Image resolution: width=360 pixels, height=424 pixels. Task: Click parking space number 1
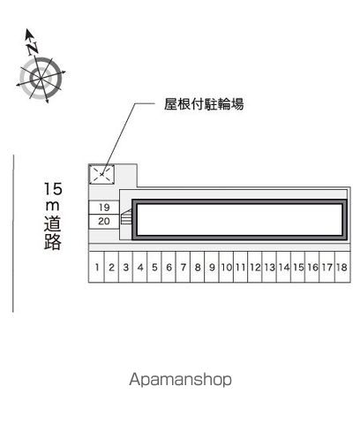click(x=97, y=267)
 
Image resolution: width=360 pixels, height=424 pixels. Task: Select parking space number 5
click(x=154, y=267)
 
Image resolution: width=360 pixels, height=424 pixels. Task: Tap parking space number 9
click(x=212, y=267)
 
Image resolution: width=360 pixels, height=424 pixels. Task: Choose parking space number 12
click(x=255, y=267)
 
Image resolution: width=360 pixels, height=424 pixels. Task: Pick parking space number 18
click(x=342, y=267)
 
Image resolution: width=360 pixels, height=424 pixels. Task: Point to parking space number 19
click(x=104, y=208)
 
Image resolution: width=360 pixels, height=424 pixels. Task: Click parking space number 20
click(x=104, y=221)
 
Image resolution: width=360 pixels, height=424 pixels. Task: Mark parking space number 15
click(x=298, y=267)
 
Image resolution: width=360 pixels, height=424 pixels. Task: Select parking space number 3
click(x=125, y=267)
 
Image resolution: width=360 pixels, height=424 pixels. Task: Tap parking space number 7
click(x=184, y=267)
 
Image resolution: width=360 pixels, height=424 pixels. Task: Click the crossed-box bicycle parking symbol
click(x=101, y=174)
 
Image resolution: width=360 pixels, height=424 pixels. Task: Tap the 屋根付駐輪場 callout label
click(x=204, y=104)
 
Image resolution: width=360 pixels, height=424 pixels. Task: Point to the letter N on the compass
click(x=33, y=49)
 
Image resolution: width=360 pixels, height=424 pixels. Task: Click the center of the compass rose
click(x=41, y=79)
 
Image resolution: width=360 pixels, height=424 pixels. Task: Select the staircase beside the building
click(x=126, y=217)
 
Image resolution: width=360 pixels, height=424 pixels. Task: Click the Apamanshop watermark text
click(x=180, y=380)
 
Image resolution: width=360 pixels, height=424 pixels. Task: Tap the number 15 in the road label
click(x=53, y=189)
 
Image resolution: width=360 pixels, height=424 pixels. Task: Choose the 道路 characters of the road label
click(x=53, y=233)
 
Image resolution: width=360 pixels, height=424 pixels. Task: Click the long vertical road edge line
click(x=13, y=233)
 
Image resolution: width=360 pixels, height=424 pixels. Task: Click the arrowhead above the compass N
click(x=28, y=34)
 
